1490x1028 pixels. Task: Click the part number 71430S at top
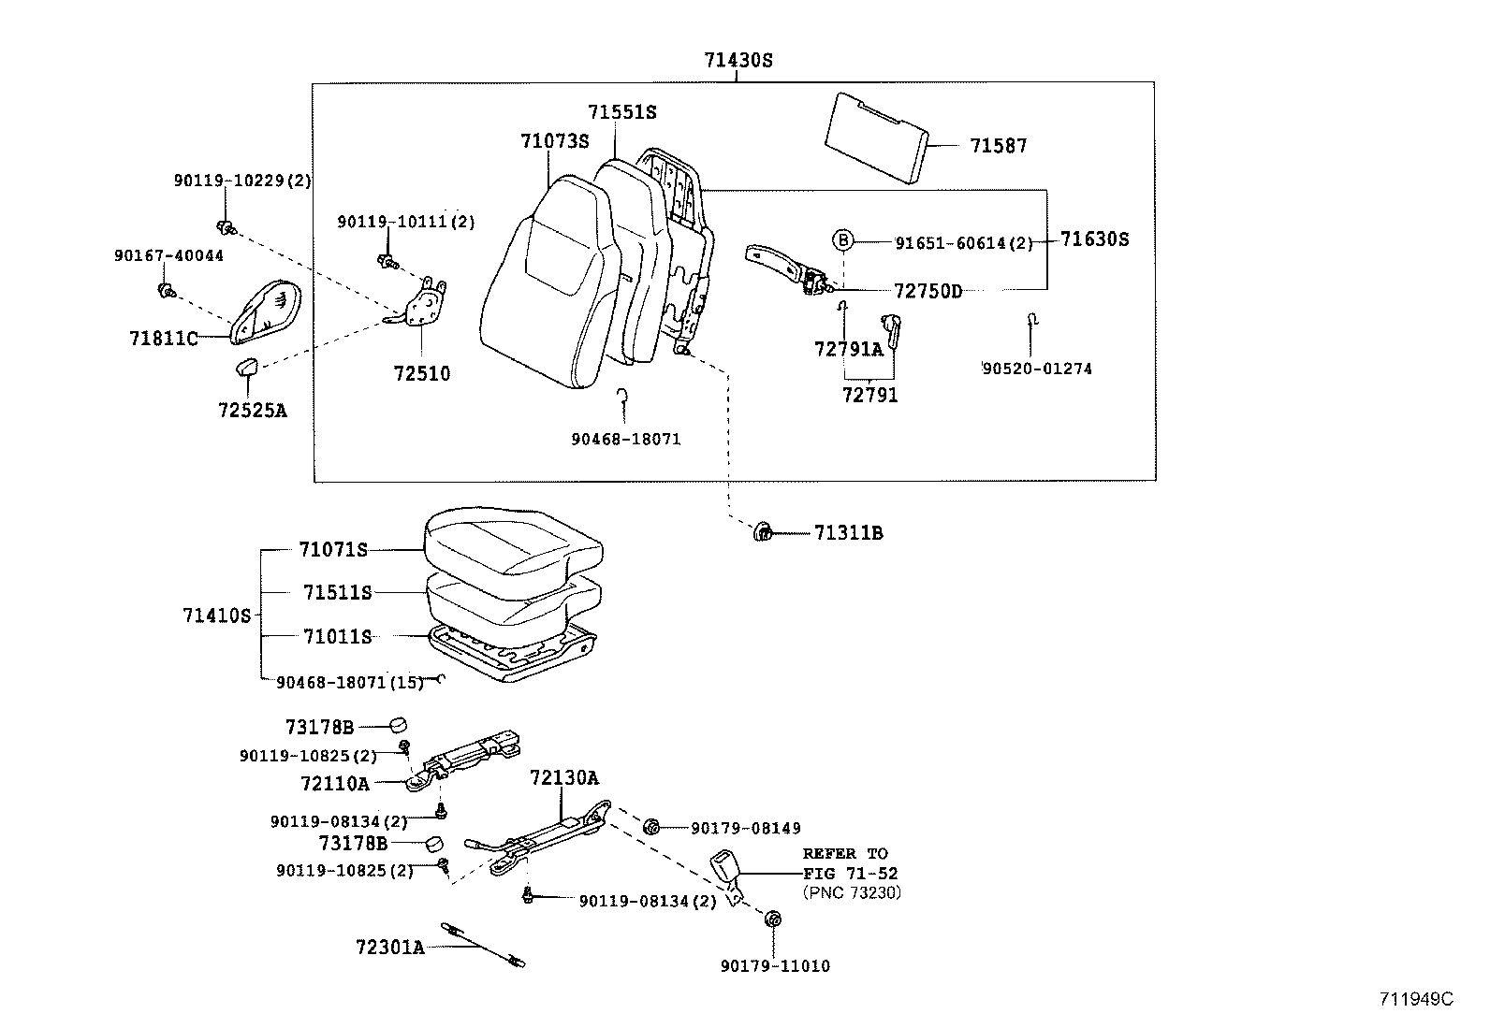click(738, 61)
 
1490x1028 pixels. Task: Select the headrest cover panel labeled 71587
click(875, 138)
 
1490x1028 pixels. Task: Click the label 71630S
click(1094, 239)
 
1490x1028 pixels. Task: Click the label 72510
click(421, 374)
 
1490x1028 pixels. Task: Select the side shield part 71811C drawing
click(267, 309)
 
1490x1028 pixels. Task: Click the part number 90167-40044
click(168, 255)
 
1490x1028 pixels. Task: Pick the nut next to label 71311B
click(763, 533)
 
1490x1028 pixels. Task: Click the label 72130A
click(563, 777)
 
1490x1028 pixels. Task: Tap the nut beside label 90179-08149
click(652, 827)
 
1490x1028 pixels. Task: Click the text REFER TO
click(844, 853)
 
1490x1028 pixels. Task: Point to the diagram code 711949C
click(1415, 998)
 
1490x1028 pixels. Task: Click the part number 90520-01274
click(1036, 369)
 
